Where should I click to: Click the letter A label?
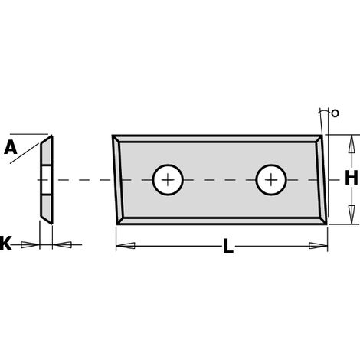(11, 148)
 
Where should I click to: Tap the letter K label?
(5, 244)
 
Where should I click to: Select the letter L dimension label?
(228, 246)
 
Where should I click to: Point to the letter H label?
(352, 178)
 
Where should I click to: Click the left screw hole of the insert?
(168, 180)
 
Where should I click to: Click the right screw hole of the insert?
(271, 180)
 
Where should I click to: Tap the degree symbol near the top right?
(335, 113)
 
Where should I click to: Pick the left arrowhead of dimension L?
(126, 246)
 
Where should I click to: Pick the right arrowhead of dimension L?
(318, 246)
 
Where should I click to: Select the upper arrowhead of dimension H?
(352, 144)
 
